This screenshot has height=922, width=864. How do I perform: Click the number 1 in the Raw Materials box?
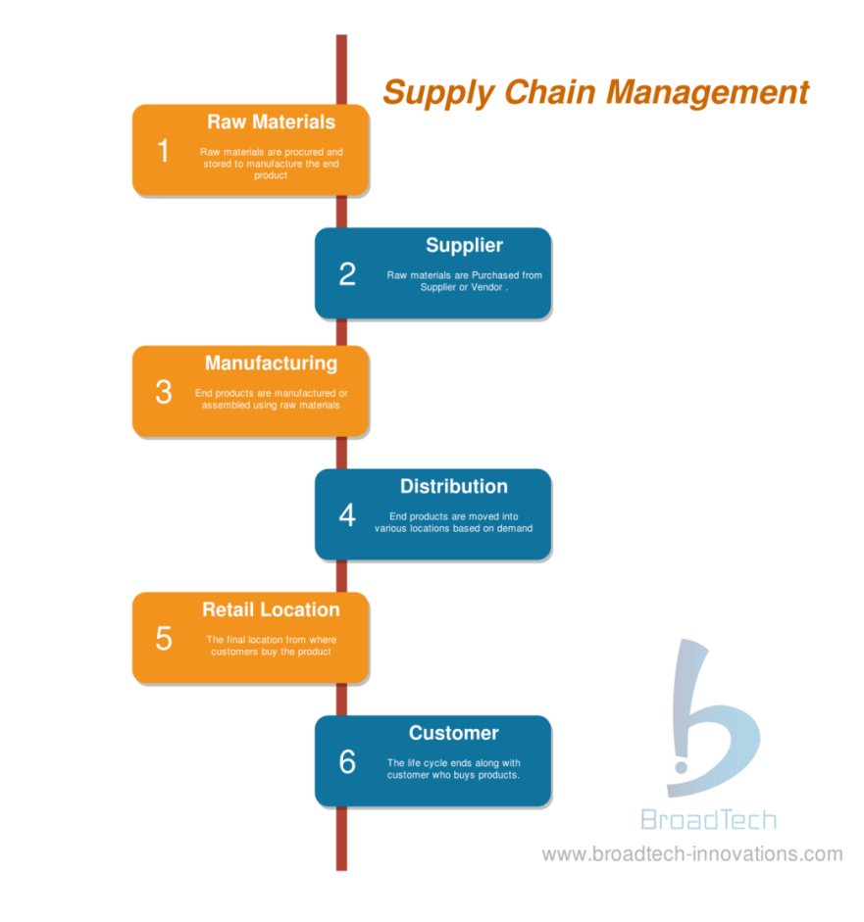163,151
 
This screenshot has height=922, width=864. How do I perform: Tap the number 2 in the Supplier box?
347,274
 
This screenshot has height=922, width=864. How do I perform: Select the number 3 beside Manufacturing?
164,392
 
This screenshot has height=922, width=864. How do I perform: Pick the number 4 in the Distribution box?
347,515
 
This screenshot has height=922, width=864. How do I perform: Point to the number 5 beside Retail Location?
164,639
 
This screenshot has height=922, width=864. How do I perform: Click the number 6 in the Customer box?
347,761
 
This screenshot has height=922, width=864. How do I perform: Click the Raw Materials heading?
272,121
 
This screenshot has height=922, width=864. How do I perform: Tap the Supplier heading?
465,246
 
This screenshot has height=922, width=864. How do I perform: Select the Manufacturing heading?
272,364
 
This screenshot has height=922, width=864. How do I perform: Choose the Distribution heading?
454,486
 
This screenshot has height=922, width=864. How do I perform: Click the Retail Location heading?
272,609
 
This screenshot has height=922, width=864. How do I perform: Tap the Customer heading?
454,733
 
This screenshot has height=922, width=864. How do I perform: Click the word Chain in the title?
550,92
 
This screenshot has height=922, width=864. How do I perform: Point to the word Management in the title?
708,94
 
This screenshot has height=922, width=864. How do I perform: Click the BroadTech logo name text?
709,820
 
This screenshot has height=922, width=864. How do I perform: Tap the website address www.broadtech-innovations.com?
692,853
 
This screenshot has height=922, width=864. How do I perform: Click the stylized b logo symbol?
713,718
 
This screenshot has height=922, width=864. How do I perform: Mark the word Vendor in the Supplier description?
486,287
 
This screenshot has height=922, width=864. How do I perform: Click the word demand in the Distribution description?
515,528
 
